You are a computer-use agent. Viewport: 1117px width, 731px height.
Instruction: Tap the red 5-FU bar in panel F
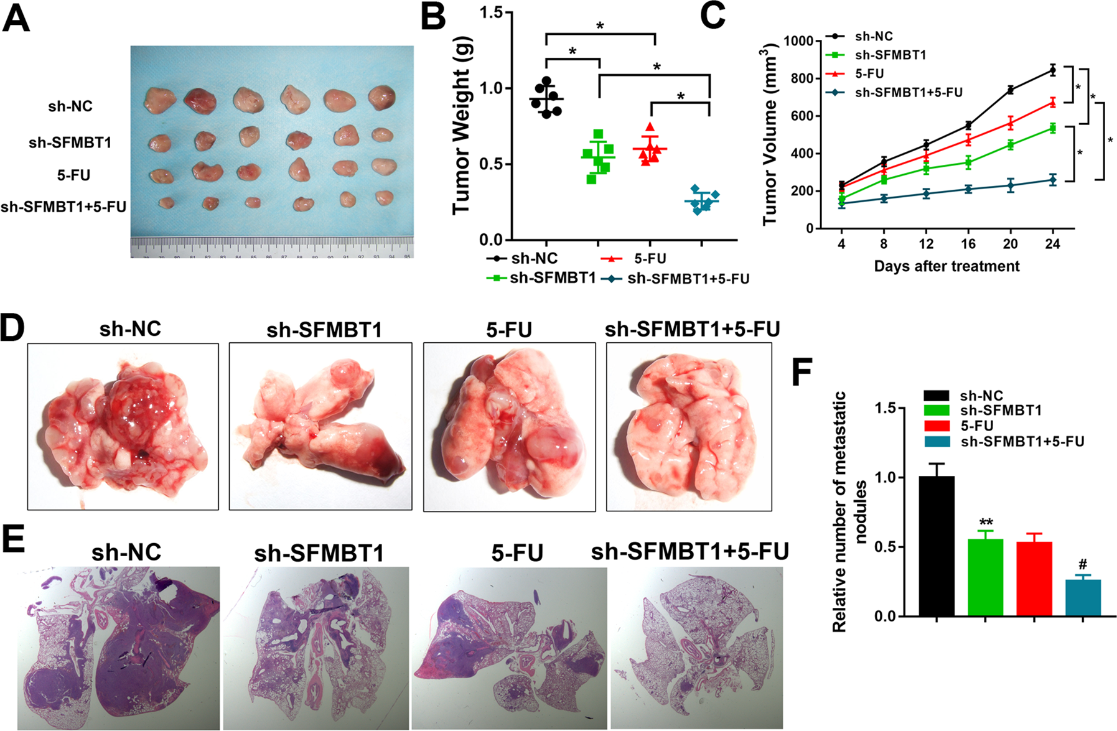point(1034,579)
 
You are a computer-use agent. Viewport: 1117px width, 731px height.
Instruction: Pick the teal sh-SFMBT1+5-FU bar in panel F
point(1083,597)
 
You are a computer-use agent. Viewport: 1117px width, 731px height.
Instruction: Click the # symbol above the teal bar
point(1083,565)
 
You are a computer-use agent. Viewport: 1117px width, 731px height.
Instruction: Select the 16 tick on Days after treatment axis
point(968,244)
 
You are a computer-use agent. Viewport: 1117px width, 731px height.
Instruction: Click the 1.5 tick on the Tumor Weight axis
point(492,12)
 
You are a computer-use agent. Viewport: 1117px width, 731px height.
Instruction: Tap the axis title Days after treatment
point(946,266)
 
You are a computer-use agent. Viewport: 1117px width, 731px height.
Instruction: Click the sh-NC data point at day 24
point(1052,70)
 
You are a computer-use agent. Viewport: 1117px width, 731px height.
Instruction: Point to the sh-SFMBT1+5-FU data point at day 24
point(1052,180)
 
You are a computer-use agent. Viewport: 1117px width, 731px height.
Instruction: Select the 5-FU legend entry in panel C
point(869,73)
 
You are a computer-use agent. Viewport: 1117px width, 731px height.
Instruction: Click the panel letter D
point(12,328)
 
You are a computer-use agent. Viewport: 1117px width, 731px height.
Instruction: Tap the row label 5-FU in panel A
point(73,175)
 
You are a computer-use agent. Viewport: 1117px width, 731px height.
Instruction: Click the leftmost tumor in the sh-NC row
point(158,100)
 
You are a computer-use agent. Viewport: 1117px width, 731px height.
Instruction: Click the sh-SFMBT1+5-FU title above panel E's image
point(689,551)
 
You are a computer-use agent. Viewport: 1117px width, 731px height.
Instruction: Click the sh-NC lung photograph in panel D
point(123,427)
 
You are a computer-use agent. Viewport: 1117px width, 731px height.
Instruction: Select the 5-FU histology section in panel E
point(509,647)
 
